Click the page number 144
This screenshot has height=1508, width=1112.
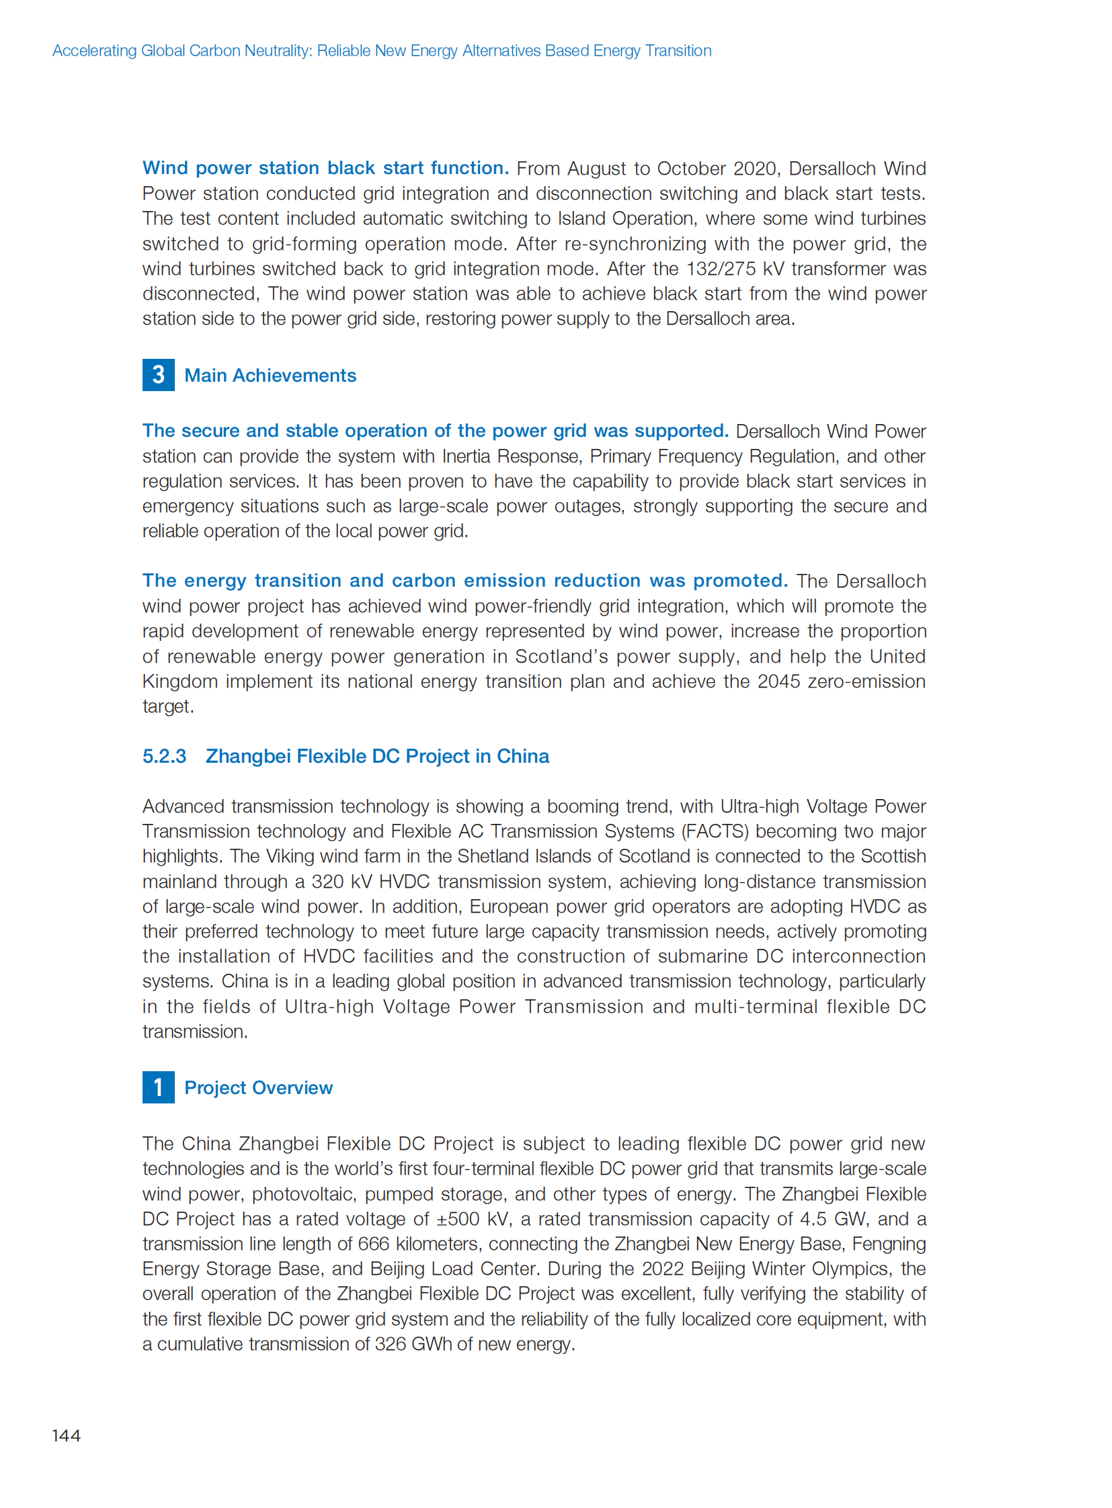pyautogui.click(x=66, y=1435)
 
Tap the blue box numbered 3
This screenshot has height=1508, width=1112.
pyautogui.click(x=158, y=375)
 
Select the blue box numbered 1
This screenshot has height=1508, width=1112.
pyautogui.click(x=158, y=1087)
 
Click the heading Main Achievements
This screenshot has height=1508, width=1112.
pyautogui.click(x=270, y=376)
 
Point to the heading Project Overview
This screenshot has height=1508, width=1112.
pyautogui.click(x=258, y=1088)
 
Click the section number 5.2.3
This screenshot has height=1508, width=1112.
pyautogui.click(x=164, y=757)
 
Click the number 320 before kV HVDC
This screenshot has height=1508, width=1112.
pyautogui.click(x=327, y=882)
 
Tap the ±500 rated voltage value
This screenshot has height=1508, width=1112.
pyautogui.click(x=460, y=1219)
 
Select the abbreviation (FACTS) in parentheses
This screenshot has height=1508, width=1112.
pyautogui.click(x=715, y=832)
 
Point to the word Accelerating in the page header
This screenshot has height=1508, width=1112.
pyautogui.click(x=94, y=51)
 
